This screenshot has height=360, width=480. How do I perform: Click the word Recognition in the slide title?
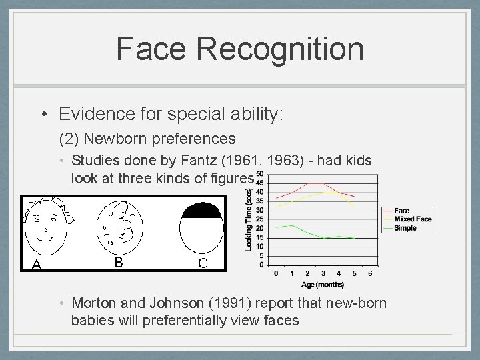[281, 49]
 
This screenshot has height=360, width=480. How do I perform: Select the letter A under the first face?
[37, 265]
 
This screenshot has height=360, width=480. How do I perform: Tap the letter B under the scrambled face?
[118, 262]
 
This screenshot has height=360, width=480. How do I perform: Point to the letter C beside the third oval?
[203, 263]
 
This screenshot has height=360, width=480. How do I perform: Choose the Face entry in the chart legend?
[401, 211]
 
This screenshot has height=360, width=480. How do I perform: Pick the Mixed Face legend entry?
[413, 219]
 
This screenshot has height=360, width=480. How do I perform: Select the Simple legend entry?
[405, 228]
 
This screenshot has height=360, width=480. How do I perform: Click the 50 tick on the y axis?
[259, 175]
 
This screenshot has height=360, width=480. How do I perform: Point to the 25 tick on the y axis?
[259, 219]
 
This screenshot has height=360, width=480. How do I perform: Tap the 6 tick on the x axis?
[370, 273]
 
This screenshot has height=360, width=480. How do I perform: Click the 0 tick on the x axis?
[277, 273]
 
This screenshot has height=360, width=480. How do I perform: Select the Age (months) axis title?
[323, 284]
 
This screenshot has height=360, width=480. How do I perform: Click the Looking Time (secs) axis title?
[249, 219]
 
